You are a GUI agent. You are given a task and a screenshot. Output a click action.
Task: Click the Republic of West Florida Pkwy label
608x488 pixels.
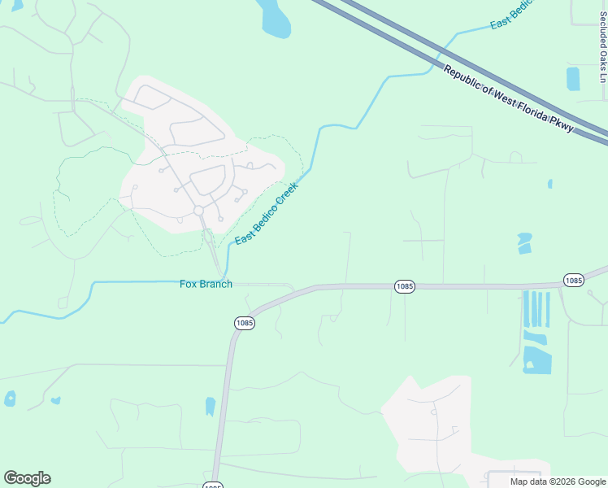509,99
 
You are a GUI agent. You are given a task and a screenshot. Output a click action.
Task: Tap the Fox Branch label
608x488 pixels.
206,284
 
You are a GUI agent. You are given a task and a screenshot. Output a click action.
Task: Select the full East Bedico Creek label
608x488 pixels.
267,213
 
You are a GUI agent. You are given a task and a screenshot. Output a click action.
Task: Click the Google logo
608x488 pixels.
27,478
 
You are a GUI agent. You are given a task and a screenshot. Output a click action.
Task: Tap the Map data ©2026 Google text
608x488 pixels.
558,481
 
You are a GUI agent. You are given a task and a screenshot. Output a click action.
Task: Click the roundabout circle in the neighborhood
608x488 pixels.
198,211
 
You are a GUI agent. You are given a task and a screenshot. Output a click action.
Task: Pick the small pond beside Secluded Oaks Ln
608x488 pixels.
573,78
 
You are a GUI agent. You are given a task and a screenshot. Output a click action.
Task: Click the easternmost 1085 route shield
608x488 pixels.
573,280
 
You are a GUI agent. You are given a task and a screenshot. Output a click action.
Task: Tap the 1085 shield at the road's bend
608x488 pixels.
245,322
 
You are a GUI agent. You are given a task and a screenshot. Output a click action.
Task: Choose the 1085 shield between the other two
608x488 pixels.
405,286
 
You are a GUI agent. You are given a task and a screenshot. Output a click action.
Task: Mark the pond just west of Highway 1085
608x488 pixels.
211,407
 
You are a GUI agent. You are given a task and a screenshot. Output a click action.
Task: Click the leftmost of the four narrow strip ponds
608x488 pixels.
525,309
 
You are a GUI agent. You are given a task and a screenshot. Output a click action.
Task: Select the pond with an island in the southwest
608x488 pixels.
10,399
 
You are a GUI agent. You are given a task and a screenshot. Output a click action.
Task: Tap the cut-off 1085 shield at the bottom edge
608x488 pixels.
211,486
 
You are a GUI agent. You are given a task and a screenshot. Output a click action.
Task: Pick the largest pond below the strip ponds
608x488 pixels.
536,359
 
